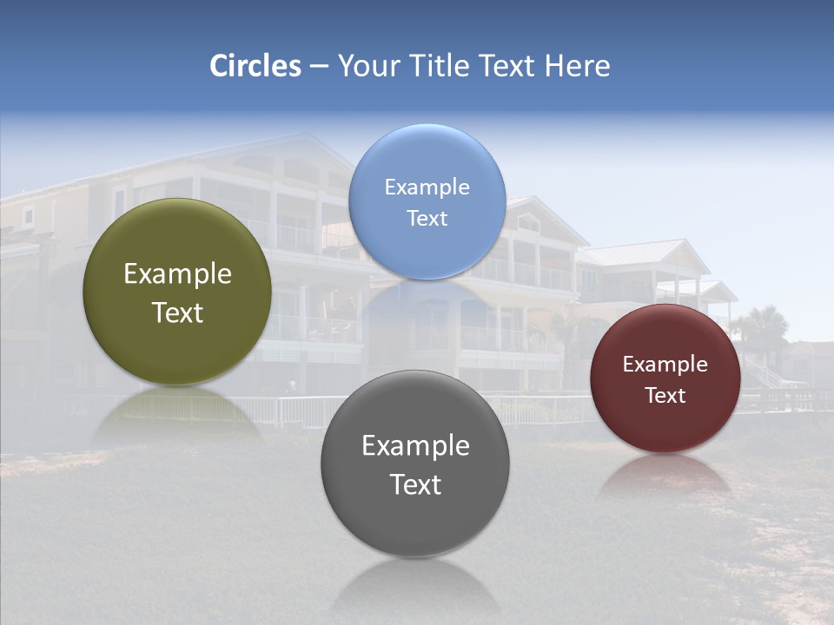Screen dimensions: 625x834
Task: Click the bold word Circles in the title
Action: pos(255,66)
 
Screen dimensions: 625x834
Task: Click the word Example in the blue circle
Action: pos(427,187)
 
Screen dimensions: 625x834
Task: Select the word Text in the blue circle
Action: pos(427,218)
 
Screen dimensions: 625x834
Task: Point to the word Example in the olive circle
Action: pos(177,274)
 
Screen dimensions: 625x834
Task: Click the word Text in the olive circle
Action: pos(177,312)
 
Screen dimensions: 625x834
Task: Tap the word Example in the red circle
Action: pos(665,364)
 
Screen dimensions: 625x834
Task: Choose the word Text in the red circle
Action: pos(665,395)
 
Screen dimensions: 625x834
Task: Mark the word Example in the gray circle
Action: pos(415,445)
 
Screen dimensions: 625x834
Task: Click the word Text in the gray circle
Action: pos(415,484)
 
